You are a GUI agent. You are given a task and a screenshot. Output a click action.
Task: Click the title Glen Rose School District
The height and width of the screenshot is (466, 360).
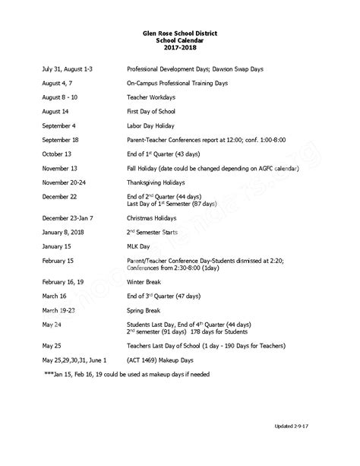tap(180, 34)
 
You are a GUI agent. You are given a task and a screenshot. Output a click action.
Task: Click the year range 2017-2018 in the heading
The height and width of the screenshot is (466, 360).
tap(180, 49)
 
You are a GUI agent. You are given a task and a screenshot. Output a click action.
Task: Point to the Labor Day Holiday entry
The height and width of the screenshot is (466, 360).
tap(155, 125)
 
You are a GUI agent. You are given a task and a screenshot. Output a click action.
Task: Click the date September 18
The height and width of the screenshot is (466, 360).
tap(64, 140)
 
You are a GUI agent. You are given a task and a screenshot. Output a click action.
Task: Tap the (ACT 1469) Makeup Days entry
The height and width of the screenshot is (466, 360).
tap(162, 359)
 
